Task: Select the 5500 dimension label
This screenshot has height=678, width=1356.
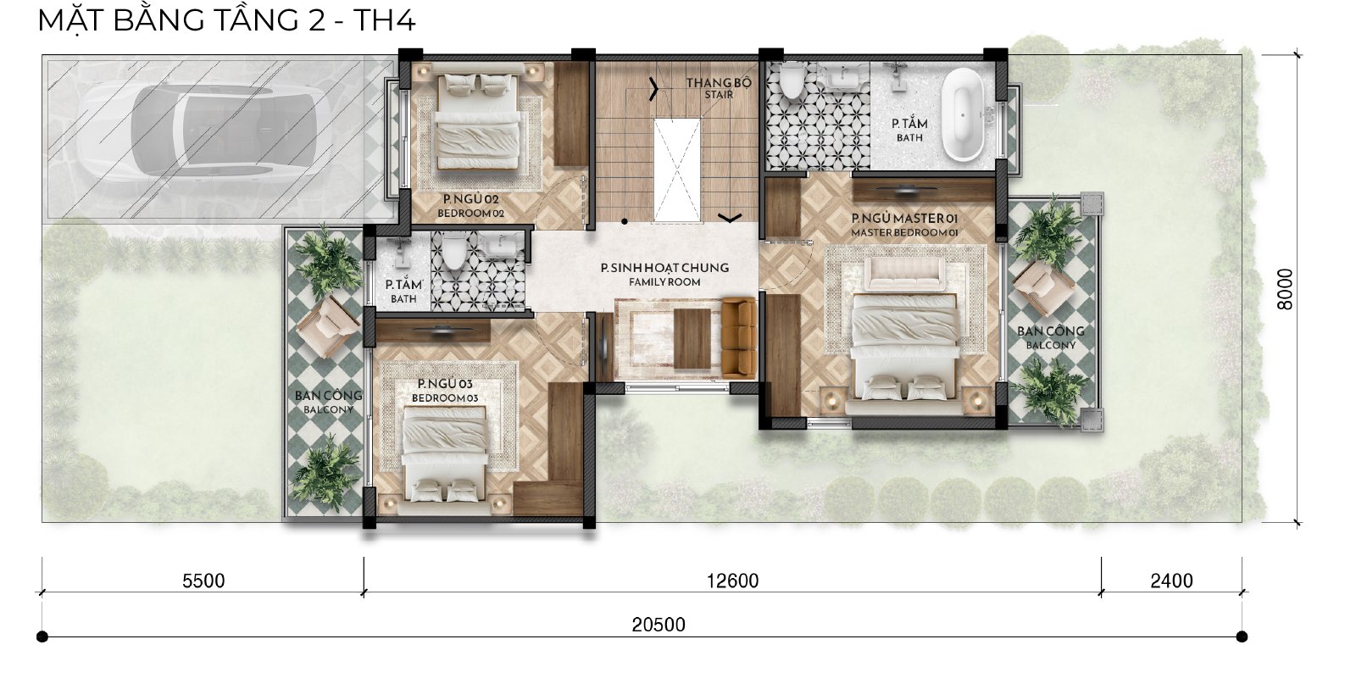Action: tap(203, 581)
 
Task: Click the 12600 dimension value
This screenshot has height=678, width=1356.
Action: tap(732, 581)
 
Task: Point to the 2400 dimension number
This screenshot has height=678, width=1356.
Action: tap(1171, 581)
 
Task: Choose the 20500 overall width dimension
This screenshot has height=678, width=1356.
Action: tap(659, 624)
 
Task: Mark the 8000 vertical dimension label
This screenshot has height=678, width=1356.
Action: tap(1285, 289)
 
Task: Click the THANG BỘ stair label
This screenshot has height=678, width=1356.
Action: tap(719, 82)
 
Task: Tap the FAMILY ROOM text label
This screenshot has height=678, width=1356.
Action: tap(664, 282)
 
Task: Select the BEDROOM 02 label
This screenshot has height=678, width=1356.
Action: tap(470, 213)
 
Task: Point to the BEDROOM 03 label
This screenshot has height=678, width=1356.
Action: tap(445, 397)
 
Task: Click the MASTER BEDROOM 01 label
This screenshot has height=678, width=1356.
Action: tap(904, 232)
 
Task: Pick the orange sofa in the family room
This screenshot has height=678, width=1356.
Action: tap(739, 337)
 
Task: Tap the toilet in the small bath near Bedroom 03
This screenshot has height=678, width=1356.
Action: tap(453, 252)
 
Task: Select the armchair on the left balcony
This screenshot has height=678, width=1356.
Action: tap(327, 325)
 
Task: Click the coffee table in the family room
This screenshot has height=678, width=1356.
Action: tap(692, 338)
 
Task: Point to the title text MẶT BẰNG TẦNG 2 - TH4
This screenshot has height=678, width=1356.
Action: tap(226, 20)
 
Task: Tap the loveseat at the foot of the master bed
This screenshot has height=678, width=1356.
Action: tap(904, 275)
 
